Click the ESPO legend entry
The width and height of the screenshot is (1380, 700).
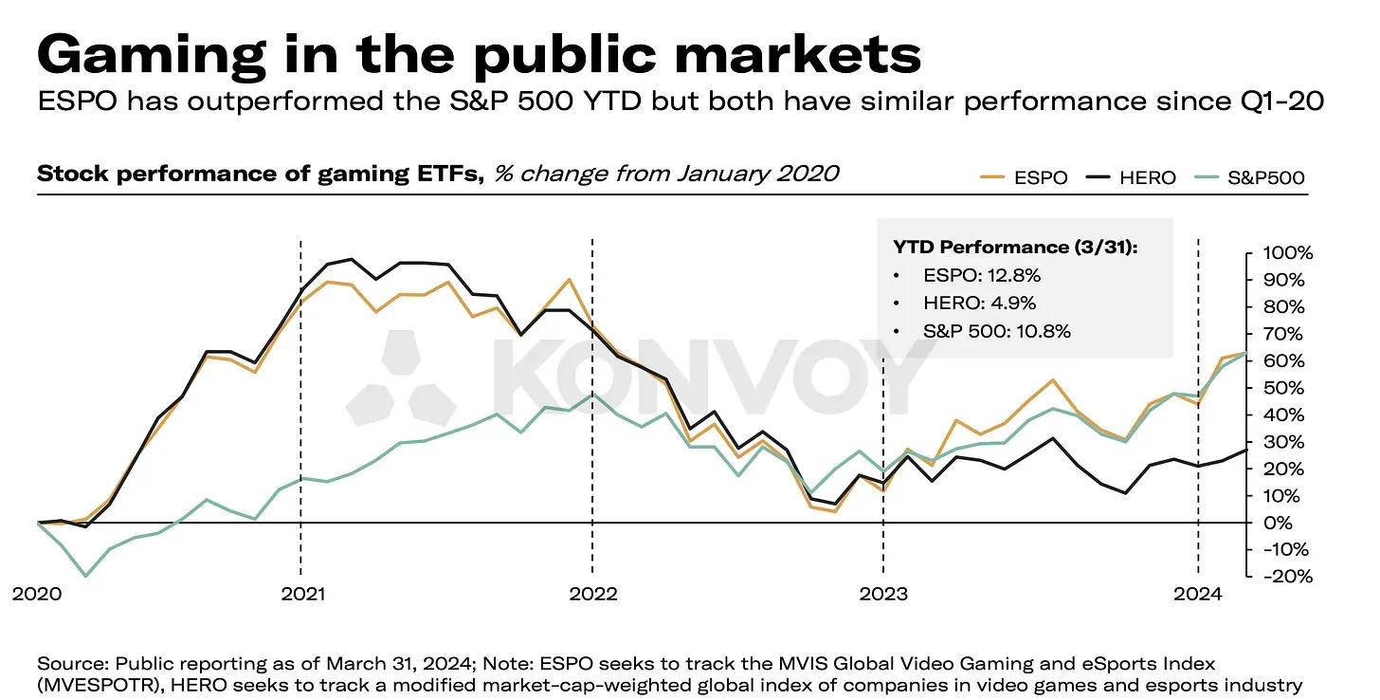tap(1024, 177)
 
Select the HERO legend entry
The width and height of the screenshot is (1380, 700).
tap(1131, 177)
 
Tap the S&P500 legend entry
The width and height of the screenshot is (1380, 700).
tap(1249, 177)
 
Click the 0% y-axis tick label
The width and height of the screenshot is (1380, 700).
tap(1278, 523)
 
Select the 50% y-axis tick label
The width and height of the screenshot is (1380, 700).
tap(1283, 388)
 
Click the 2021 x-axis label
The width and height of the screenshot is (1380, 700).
tap(302, 594)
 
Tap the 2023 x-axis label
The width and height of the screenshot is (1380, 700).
tap(883, 594)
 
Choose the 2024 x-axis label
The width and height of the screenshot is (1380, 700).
tap(1198, 594)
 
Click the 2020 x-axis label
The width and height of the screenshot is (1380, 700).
tap(37, 594)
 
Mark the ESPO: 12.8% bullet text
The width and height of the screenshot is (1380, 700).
tap(981, 275)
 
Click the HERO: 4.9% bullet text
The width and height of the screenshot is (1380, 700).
tap(980, 303)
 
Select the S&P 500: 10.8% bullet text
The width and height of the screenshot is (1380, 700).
tap(997, 331)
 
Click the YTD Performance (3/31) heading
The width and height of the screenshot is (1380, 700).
tap(1015, 247)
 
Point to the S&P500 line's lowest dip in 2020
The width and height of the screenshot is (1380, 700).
tap(85, 576)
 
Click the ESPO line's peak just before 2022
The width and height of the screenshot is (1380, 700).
tap(568, 280)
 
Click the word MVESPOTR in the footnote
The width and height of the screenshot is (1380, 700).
tap(100, 685)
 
